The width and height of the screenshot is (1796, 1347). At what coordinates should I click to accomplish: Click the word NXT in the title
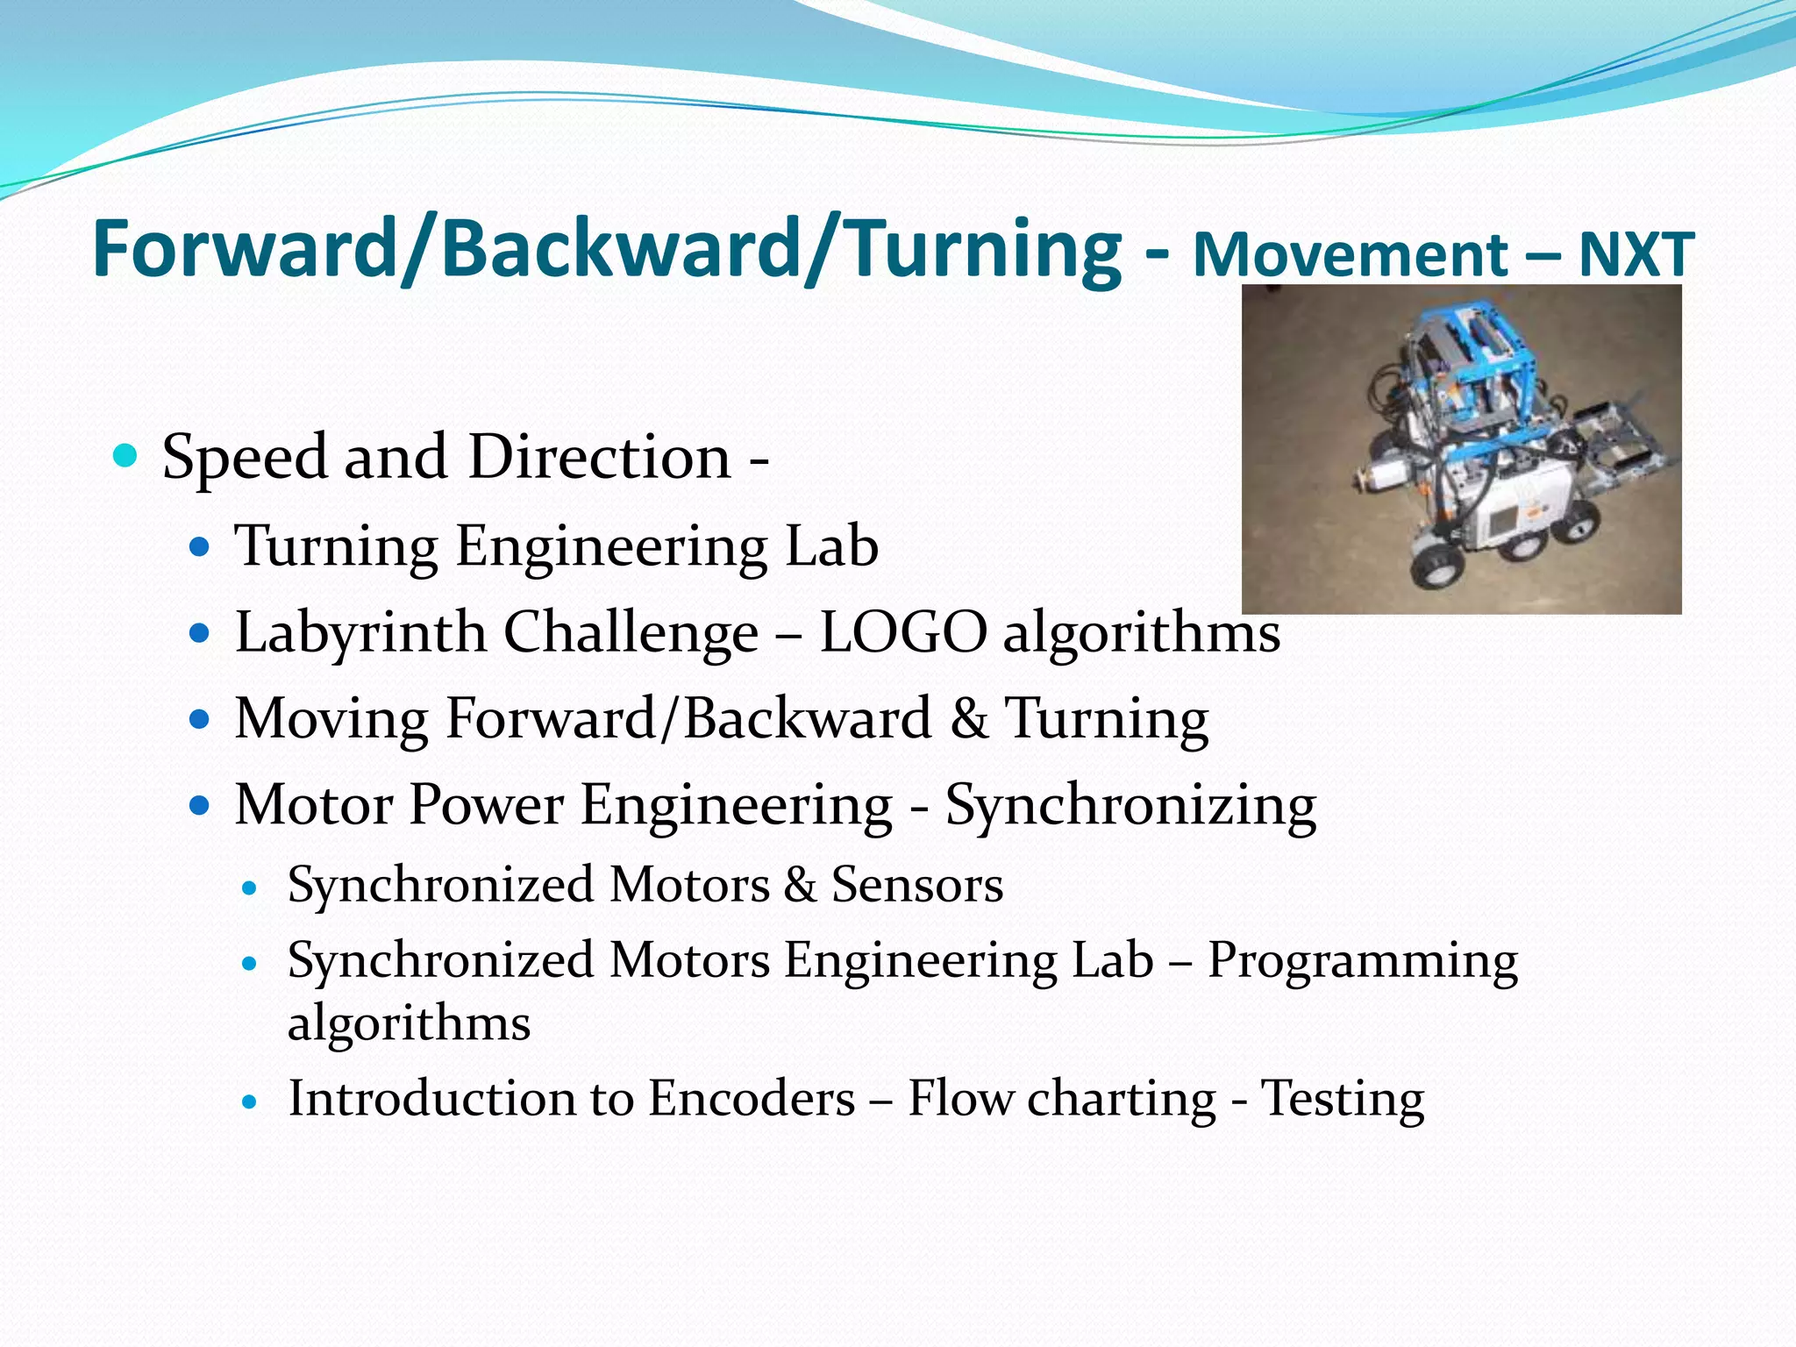tap(1636, 255)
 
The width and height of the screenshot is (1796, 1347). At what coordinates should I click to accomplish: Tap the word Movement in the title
tap(1351, 255)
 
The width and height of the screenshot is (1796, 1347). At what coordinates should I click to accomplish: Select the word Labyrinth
tap(360, 633)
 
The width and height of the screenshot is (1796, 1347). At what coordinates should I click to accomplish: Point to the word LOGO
tap(903, 633)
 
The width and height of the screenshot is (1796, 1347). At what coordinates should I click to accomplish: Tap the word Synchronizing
tap(1130, 806)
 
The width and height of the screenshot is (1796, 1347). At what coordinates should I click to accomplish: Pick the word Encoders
tap(752, 1099)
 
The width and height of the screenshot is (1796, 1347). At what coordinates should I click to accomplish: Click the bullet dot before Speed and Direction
tap(126, 456)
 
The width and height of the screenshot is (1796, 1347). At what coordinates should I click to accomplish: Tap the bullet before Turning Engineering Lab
tap(201, 548)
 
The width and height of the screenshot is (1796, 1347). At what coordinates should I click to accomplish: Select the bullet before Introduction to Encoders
tap(251, 1101)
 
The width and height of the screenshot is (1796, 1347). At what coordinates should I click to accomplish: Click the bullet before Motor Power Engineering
tap(201, 806)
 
